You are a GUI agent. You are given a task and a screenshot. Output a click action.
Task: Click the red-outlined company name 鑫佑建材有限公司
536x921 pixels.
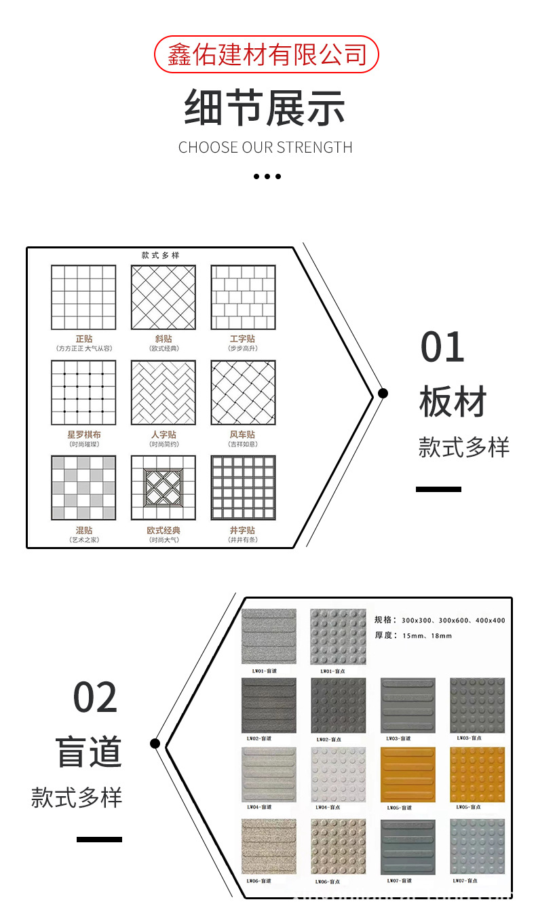click(267, 55)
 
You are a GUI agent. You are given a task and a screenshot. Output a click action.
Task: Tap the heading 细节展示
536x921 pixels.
click(265, 109)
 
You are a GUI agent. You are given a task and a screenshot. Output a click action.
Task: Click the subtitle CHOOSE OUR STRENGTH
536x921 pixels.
click(265, 147)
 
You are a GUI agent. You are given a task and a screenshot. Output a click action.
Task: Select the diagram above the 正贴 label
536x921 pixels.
click(83, 297)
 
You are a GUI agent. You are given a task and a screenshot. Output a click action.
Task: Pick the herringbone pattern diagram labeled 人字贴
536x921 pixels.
click(163, 393)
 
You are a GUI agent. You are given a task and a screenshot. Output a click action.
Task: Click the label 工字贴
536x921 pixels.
click(242, 339)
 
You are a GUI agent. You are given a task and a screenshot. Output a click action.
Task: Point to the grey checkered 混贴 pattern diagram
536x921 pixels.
click(83, 488)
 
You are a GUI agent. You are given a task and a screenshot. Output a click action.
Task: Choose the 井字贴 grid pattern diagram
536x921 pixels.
click(243, 488)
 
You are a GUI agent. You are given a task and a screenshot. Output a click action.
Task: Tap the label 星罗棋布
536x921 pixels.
click(83, 434)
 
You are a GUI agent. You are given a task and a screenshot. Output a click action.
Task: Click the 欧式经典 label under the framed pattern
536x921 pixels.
click(163, 530)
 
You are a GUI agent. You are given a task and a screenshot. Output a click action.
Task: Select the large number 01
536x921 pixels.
click(442, 347)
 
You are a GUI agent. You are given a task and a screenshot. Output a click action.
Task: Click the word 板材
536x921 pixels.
click(453, 402)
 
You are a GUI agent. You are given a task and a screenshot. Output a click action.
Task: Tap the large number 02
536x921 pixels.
click(96, 698)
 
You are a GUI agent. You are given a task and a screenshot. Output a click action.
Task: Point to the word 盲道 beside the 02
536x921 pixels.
click(89, 752)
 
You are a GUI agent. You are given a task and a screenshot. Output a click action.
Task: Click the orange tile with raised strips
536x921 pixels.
click(408, 774)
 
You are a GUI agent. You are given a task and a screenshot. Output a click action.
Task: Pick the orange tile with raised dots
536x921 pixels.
click(478, 774)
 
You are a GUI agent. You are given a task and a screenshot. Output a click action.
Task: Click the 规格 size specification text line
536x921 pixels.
click(440, 620)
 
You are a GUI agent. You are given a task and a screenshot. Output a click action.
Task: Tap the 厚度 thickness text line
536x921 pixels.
click(413, 636)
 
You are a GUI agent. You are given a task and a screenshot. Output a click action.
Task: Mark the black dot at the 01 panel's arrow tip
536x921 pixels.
click(383, 393)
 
